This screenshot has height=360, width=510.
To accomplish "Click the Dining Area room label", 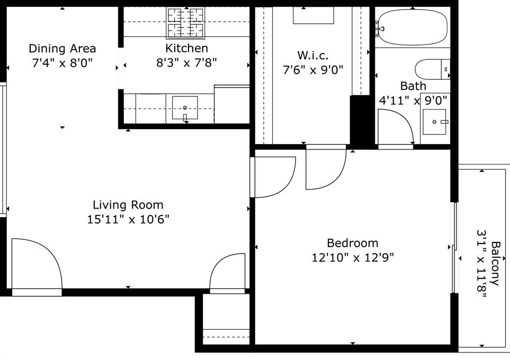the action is (62, 49).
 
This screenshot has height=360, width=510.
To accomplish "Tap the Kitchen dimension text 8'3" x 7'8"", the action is (186, 62).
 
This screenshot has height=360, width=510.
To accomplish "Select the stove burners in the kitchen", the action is (185, 22).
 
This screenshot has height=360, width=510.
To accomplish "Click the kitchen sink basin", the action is (185, 107).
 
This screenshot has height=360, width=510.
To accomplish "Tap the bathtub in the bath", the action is (413, 27).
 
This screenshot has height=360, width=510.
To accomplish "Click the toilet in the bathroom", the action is (432, 69).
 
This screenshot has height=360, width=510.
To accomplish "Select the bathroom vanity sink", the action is (435, 122).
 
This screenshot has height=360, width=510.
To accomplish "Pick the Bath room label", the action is (413, 86).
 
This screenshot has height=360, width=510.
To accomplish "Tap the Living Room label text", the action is (128, 205).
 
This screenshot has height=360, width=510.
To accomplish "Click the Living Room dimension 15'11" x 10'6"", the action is (128, 219).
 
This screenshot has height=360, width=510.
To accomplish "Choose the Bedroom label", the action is (353, 243).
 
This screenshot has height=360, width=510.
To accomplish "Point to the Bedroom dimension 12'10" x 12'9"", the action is (353, 258).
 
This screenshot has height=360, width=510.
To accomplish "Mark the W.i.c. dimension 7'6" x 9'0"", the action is (313, 69).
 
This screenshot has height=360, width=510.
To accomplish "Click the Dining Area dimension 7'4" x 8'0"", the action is (62, 63).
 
